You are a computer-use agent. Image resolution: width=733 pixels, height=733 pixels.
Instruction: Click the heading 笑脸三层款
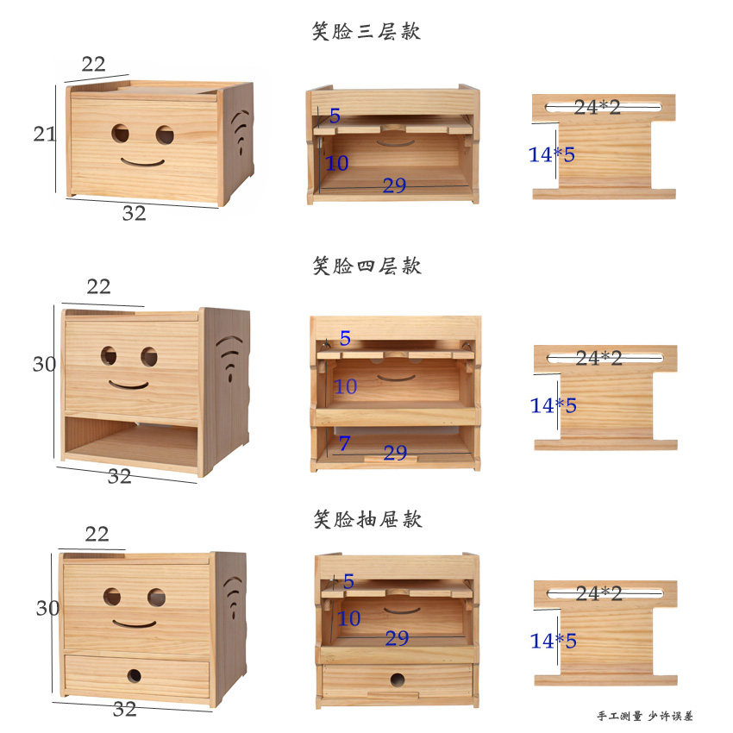[366, 32]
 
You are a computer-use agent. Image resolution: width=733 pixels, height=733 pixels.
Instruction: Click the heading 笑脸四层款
[366, 266]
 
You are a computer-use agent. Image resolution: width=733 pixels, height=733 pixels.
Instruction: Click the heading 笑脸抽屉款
[366, 519]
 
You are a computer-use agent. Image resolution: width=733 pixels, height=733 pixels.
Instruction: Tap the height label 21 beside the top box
[45, 134]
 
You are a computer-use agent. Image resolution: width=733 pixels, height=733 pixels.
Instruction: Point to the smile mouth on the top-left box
[142, 161]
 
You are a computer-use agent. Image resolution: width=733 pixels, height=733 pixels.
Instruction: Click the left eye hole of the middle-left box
[109, 355]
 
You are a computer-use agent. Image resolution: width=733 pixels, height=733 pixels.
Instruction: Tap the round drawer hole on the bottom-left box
[135, 675]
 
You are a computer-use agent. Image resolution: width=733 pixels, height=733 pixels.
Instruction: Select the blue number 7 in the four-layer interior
[344, 444]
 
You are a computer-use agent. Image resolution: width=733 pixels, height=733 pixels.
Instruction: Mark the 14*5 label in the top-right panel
[552, 154]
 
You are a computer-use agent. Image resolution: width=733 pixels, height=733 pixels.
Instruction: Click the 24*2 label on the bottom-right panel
[598, 593]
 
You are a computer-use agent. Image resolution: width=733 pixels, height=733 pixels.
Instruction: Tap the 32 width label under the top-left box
[134, 213]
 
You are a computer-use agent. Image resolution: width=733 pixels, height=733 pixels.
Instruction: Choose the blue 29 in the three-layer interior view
[394, 185]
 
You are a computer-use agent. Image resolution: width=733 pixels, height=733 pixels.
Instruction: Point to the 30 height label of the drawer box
[47, 608]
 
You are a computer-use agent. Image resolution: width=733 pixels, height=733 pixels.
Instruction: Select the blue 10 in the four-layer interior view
[345, 387]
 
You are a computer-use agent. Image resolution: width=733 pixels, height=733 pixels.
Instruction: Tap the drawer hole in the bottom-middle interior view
[398, 680]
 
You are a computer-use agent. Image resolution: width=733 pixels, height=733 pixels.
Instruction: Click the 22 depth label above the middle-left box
[98, 286]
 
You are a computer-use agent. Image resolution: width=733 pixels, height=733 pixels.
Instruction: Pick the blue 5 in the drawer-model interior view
[348, 581]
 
